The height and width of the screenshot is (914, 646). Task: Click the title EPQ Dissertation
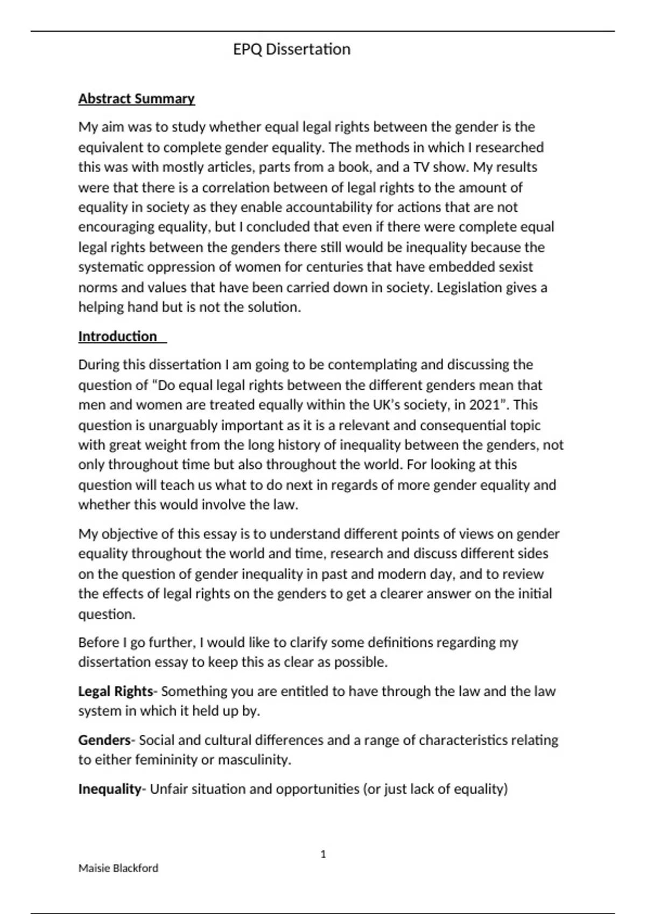(291, 49)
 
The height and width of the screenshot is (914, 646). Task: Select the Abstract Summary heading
(136, 99)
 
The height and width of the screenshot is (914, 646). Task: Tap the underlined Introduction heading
(118, 337)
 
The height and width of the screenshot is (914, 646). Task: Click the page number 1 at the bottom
(323, 854)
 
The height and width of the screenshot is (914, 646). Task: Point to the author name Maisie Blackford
(118, 868)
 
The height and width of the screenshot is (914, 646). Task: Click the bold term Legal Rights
(115, 691)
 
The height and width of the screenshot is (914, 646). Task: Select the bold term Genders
(104, 740)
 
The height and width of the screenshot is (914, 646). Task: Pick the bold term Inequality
(109, 789)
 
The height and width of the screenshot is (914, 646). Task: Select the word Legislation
(469, 288)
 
